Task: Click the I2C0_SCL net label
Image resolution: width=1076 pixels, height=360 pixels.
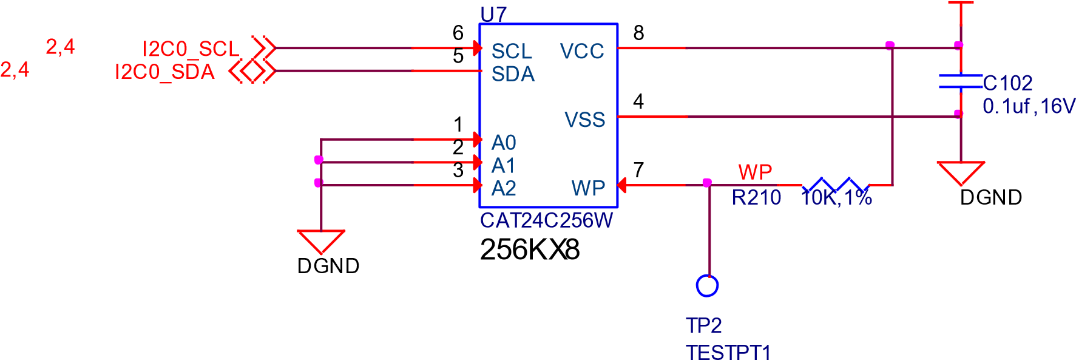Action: click(x=191, y=49)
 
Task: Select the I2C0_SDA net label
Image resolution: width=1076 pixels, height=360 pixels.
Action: click(x=164, y=72)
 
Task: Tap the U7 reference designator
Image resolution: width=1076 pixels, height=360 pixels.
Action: click(x=493, y=14)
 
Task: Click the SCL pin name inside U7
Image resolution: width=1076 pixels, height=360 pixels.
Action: click(x=512, y=52)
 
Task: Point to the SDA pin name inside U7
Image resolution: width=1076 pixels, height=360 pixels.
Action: click(x=513, y=74)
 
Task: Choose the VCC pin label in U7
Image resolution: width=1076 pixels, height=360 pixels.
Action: click(x=581, y=52)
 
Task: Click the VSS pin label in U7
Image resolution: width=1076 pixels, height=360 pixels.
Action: click(x=584, y=120)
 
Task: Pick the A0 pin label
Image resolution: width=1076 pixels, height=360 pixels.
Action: click(x=503, y=143)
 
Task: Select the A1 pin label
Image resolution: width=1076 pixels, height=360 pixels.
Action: click(x=503, y=165)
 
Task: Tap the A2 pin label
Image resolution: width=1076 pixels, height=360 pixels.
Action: click(x=503, y=188)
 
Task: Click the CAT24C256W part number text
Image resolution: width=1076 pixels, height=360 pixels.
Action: click(x=546, y=220)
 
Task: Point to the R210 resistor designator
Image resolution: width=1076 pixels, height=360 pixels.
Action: click(x=756, y=198)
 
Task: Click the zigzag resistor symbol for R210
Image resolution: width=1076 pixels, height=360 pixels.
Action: click(x=835, y=185)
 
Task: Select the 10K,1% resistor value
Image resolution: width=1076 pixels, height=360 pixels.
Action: click(x=837, y=198)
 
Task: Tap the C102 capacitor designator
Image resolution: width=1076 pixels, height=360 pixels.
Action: click(x=1007, y=83)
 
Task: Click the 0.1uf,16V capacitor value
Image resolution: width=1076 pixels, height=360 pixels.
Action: click(x=1028, y=106)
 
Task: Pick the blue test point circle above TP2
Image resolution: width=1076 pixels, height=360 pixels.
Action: click(x=707, y=285)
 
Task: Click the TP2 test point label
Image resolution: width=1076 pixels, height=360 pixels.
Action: click(x=703, y=325)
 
